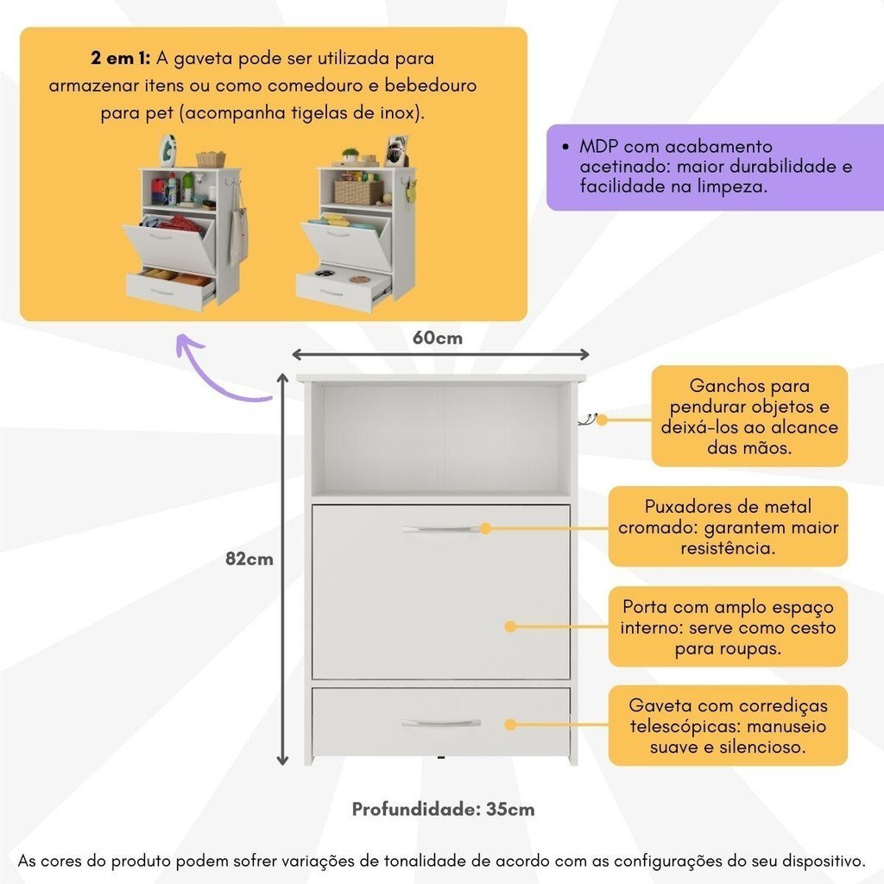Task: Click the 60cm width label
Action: pos(438,338)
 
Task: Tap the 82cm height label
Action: pos(249,559)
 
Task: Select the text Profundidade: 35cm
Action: pos(443,809)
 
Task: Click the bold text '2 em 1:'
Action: pos(121,58)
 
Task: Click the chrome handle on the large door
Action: pos(441,529)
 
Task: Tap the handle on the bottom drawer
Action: pos(441,723)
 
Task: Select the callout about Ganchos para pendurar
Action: pos(749,416)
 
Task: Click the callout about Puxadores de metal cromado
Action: pos(728,527)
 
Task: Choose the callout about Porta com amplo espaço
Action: pos(728,627)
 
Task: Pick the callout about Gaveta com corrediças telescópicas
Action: pos(728,725)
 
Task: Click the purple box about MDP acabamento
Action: pos(715,167)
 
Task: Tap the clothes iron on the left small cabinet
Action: pos(167,150)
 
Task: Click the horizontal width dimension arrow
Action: pos(440,355)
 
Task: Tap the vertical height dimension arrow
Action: pos(282,569)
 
